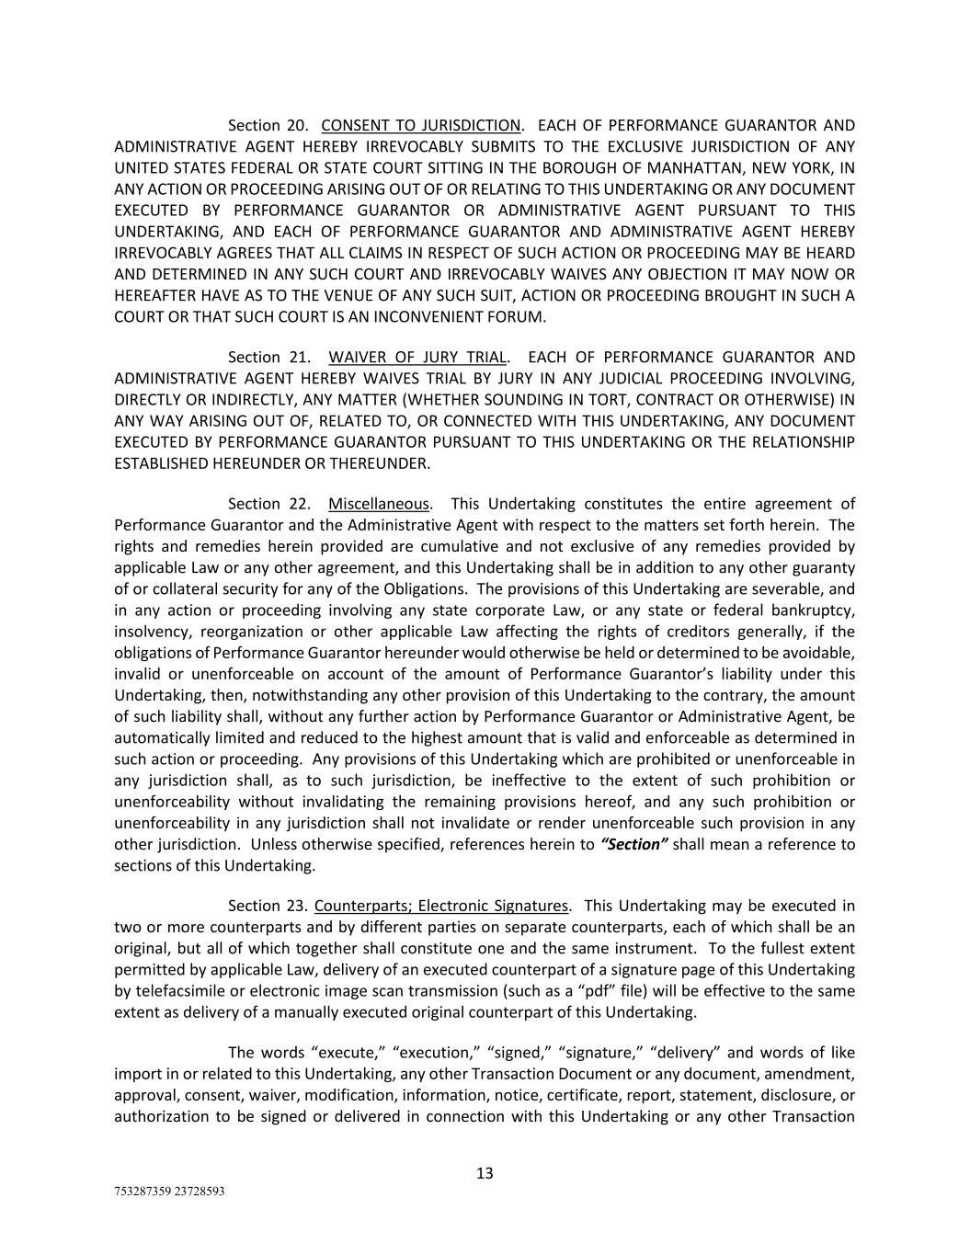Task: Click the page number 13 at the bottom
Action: (x=485, y=1173)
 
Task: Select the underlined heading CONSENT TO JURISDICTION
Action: (x=421, y=125)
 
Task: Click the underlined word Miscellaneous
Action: (x=379, y=504)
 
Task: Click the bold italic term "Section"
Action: (x=633, y=844)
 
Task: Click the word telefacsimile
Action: (x=178, y=991)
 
